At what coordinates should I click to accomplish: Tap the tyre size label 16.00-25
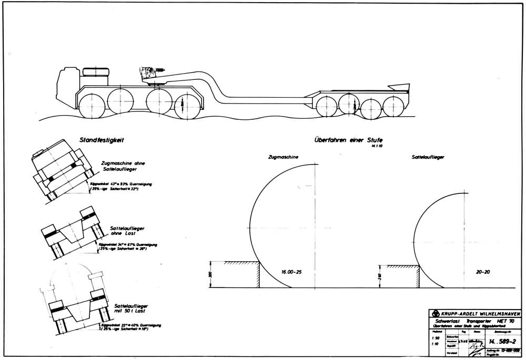pyautogui.click(x=292, y=273)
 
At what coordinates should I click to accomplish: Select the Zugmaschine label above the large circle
pyautogui.click(x=284, y=157)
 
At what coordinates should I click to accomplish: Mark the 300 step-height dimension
pyautogui.click(x=209, y=274)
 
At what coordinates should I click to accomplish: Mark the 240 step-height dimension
pyautogui.click(x=380, y=277)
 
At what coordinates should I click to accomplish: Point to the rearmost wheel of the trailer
pyautogui.click(x=392, y=106)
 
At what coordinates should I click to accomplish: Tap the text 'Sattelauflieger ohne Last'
pyautogui.click(x=127, y=232)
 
